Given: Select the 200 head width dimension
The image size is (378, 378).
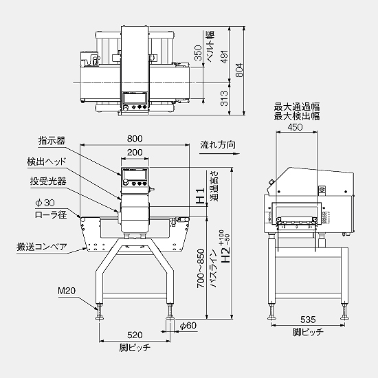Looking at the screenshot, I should (x=135, y=152).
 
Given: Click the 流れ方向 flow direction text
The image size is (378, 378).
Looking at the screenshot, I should (x=218, y=145).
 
